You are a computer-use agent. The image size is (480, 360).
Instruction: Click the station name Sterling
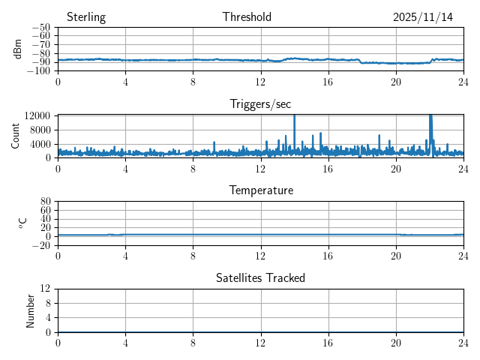coord(86,17)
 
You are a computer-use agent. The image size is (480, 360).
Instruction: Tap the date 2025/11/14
coord(423,17)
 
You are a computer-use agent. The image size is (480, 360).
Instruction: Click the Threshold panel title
coord(247,17)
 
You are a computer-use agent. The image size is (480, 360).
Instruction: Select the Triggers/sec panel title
coord(260,104)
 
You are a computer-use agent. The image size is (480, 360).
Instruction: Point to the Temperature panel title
coord(260,191)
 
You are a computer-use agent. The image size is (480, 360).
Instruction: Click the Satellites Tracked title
coord(260,278)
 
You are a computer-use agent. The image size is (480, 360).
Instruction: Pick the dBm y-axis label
coord(18,49)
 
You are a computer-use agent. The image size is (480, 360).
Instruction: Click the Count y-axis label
coord(16,136)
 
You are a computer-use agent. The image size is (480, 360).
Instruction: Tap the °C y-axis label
coord(22,223)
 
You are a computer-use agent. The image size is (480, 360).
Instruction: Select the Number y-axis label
coord(31,310)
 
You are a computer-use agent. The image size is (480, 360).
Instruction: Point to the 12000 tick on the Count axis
coord(37,115)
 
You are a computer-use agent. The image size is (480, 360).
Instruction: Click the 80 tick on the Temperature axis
coord(45,202)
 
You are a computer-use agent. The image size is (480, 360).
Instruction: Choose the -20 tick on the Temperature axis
coord(40,245)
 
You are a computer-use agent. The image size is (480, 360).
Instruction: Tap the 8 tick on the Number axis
coord(47,303)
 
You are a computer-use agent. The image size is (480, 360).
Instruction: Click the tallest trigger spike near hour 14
coord(294,117)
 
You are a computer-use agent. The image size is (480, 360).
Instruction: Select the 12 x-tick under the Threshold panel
coord(261,80)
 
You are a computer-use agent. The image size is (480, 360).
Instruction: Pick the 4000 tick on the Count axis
coord(40,144)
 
